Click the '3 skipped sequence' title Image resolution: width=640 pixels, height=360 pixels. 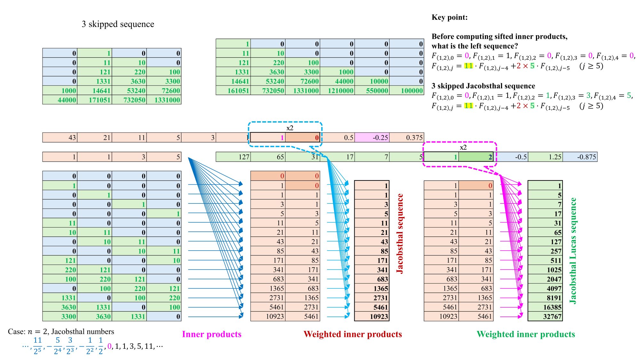118,24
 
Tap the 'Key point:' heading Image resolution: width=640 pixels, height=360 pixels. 450,17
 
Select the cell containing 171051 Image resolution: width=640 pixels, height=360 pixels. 95,100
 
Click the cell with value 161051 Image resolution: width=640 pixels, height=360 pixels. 233,91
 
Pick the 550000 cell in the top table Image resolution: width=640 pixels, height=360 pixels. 372,91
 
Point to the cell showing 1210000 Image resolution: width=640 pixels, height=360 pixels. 337,91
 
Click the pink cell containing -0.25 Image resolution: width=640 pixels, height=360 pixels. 372,138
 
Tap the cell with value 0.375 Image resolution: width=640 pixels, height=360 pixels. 407,138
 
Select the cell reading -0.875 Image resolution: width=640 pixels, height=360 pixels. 580,157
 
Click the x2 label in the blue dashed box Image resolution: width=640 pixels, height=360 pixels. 290,128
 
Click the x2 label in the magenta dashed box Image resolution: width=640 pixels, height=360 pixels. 463,148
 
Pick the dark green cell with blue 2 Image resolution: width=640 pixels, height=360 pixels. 476,157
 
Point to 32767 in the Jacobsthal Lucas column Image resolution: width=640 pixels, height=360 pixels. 545,316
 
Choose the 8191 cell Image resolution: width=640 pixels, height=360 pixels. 545,298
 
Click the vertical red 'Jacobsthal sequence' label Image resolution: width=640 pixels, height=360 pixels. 400,234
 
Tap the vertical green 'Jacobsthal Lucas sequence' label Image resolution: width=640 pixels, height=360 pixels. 573,251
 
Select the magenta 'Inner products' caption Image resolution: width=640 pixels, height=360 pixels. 212,334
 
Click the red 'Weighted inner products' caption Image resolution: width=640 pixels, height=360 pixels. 353,334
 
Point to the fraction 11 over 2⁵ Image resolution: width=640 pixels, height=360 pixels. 37,345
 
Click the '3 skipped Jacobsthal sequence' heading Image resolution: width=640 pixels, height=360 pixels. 483,86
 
